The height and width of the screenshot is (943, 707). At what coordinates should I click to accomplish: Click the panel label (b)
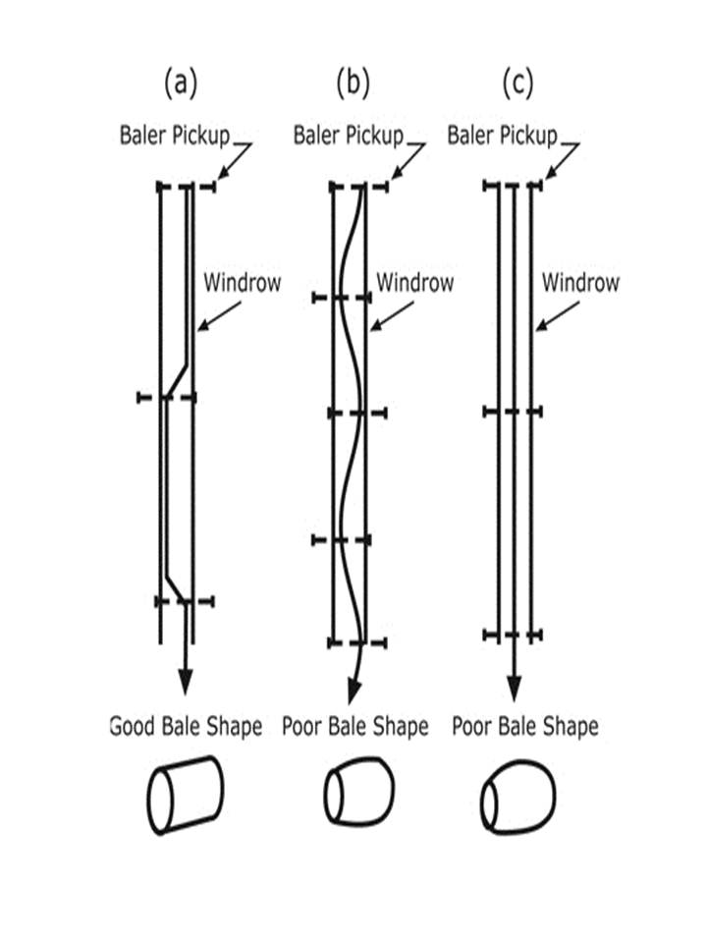[x=352, y=84]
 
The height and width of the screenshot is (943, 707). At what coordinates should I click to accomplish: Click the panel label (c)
[x=517, y=84]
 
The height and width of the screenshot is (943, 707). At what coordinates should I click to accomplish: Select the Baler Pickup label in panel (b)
[x=349, y=135]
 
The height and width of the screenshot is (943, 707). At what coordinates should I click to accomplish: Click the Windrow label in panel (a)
[x=242, y=283]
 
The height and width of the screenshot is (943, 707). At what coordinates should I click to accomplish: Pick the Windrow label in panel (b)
[x=415, y=283]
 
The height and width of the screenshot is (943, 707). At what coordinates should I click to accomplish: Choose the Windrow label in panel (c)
[x=581, y=283]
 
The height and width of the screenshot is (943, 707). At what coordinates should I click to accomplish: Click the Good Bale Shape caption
[x=186, y=727]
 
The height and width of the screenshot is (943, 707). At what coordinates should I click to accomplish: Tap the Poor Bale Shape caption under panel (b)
[x=355, y=727]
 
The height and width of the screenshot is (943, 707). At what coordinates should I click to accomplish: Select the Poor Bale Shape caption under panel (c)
[x=524, y=727]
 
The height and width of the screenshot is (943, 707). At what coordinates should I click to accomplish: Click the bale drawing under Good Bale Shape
[x=186, y=794]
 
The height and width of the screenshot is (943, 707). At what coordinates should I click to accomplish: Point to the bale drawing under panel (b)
[x=358, y=793]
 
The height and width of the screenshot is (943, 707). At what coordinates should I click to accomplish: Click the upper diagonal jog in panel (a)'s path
[x=177, y=378]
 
